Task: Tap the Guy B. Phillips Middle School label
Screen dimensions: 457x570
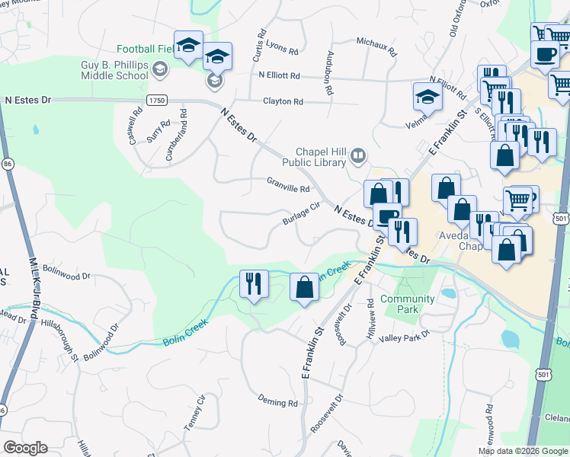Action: coord(114,71)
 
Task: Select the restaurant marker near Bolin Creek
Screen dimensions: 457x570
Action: coord(253,283)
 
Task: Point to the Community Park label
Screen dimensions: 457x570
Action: coord(407,305)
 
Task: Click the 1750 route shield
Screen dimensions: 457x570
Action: coord(157,101)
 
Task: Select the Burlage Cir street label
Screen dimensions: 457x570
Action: coord(301,214)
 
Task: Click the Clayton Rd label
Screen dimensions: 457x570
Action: coord(283,101)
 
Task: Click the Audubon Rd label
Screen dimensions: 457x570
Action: coord(328,78)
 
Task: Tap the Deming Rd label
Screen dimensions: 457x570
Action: coord(277,402)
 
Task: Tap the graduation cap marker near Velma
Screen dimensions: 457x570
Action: coord(427,97)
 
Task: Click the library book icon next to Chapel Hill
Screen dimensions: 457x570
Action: coord(357,157)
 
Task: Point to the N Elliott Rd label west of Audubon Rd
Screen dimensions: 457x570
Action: coord(279,76)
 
